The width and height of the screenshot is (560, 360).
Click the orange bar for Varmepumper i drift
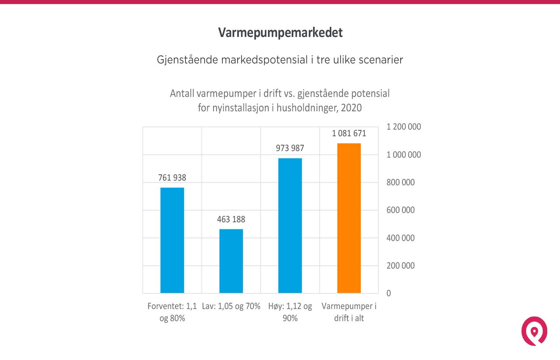click(349, 218)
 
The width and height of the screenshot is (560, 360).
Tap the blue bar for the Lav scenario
click(231, 261)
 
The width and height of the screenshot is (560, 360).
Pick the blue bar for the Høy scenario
click(290, 225)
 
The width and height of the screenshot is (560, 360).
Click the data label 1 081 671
click(349, 133)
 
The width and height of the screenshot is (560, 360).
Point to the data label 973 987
click(290, 148)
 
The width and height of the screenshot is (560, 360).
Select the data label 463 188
click(231, 220)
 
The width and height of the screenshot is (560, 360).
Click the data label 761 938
click(172, 178)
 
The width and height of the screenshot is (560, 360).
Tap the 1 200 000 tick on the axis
click(403, 127)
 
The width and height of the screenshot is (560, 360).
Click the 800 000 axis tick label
click(400, 183)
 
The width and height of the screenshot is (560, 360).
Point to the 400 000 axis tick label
click(400, 238)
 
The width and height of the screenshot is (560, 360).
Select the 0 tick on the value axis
click(388, 293)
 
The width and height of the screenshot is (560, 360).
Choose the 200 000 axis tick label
click(400, 266)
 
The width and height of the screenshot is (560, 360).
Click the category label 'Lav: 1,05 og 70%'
click(231, 306)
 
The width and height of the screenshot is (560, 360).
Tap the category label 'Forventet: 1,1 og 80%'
click(172, 312)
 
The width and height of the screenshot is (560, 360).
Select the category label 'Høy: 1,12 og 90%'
click(290, 312)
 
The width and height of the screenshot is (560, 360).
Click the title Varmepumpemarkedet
click(280, 33)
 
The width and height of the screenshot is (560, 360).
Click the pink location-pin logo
click(534, 331)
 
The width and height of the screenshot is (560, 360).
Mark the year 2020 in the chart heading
click(351, 108)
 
